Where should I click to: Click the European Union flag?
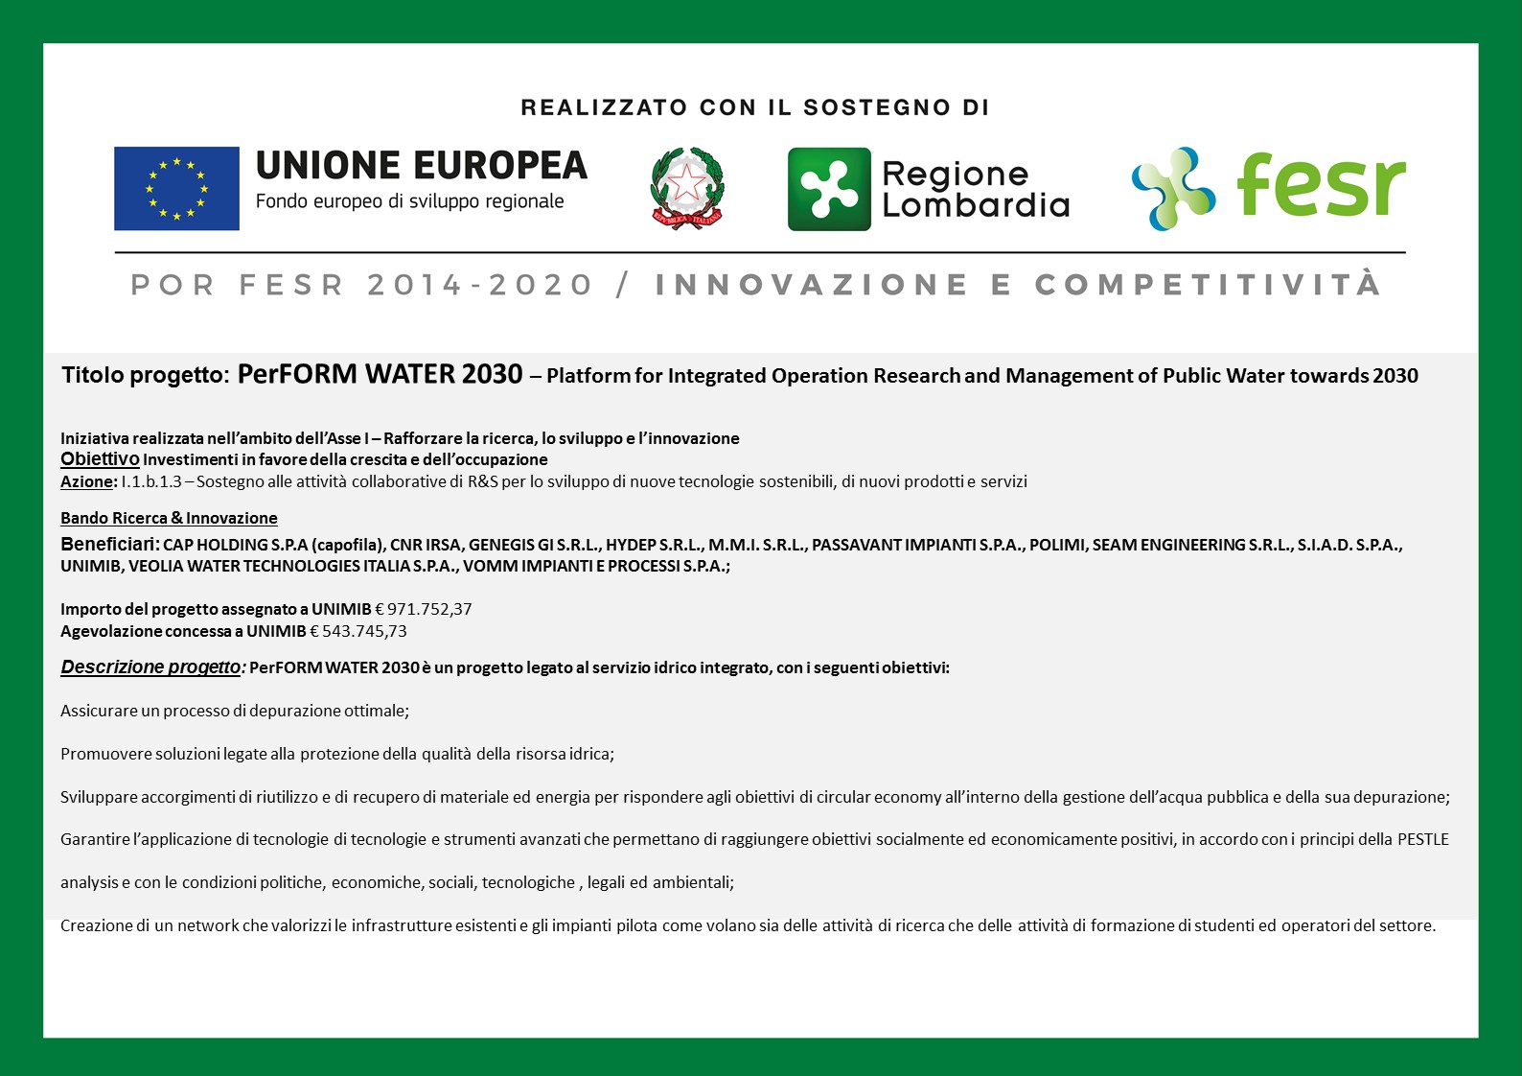pos(176,188)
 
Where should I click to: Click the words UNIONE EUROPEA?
pos(421,166)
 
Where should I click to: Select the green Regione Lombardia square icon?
pos(829,189)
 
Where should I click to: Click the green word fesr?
pos(1320,185)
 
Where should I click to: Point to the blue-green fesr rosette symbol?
pos(1172,188)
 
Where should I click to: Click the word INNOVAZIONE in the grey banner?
pos(812,285)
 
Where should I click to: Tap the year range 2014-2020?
pos(480,285)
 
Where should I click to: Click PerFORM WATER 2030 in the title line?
pos(380,374)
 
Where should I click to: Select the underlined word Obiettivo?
pos(100,459)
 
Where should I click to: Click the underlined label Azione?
pos(87,481)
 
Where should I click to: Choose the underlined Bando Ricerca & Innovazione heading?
pos(169,518)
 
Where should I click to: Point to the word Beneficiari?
pos(109,544)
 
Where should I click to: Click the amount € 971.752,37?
pos(423,609)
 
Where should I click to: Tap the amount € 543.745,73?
pos(358,631)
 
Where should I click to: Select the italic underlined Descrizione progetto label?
pos(151,667)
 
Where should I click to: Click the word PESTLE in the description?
pos(1422,839)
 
